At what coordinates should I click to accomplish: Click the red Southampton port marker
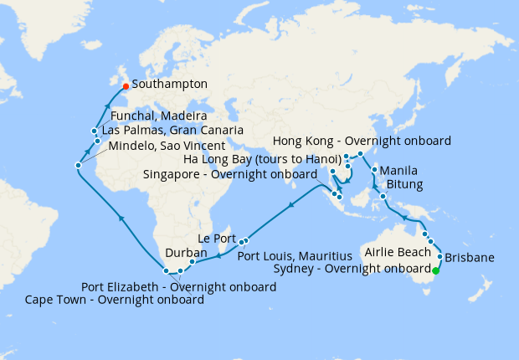pos(126,85)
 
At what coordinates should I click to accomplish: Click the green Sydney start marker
pos(435,270)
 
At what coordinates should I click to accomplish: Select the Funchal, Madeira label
pos(159,116)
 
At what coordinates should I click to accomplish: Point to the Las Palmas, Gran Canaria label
pos(172,131)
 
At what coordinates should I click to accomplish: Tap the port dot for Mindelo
pos(78,165)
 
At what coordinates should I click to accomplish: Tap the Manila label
pos(398,171)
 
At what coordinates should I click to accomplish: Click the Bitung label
pos(404,184)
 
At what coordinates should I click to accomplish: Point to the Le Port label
pos(217,238)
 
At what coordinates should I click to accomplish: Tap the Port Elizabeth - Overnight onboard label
pos(178,286)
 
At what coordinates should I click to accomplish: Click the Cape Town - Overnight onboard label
pos(115,299)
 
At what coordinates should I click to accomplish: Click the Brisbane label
pos(470,257)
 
